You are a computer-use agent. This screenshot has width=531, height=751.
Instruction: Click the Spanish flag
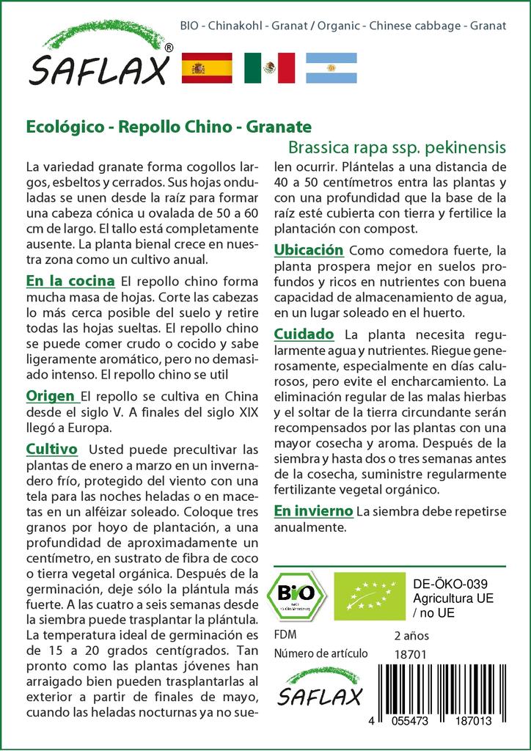pos(206,67)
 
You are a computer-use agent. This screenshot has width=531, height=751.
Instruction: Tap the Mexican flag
pos(269,67)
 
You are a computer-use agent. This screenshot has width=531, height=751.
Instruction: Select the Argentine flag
pos(331,67)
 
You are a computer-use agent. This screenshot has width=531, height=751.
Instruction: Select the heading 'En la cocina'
pos(70,281)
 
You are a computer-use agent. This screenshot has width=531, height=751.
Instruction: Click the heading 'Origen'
pos(52,396)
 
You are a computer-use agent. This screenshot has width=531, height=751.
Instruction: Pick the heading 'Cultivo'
pos(52,448)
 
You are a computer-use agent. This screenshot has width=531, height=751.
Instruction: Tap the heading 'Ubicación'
pos(309,250)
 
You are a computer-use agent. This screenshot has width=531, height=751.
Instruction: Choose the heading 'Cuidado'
pos(304,334)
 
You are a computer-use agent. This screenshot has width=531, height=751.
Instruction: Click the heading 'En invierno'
pos(314,510)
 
